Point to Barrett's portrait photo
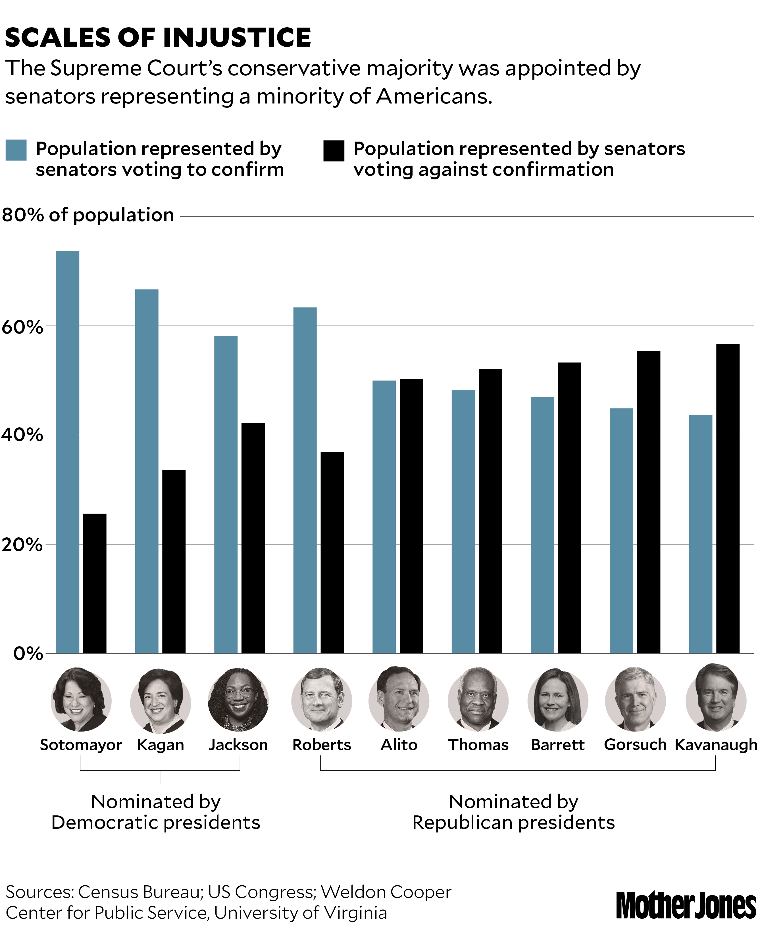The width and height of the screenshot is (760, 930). click(x=557, y=701)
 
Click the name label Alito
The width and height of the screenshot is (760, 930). click(x=399, y=745)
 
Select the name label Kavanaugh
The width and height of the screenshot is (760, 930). click(x=716, y=745)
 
